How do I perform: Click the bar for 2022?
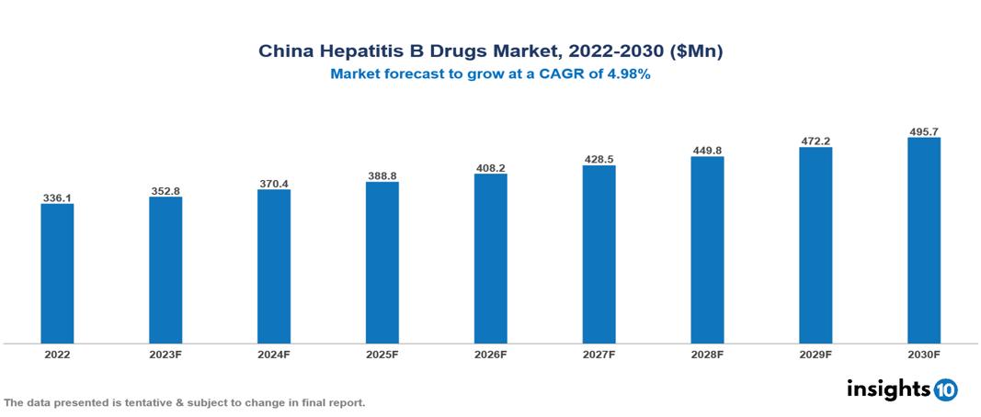[57, 274]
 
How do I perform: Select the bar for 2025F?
[382, 263]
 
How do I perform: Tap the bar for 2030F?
[924, 241]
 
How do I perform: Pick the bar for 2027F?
[599, 254]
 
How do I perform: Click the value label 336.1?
[57, 197]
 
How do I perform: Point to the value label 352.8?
[165, 191]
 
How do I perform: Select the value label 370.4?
[274, 184]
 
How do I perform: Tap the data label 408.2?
[491, 168]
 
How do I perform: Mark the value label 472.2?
[816, 141]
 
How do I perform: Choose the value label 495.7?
[924, 132]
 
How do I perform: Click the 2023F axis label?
[165, 354]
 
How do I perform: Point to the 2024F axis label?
[274, 354]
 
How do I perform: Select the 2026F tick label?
[491, 354]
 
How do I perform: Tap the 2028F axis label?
[707, 354]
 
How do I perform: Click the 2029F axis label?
[816, 354]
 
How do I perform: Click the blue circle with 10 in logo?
[946, 389]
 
